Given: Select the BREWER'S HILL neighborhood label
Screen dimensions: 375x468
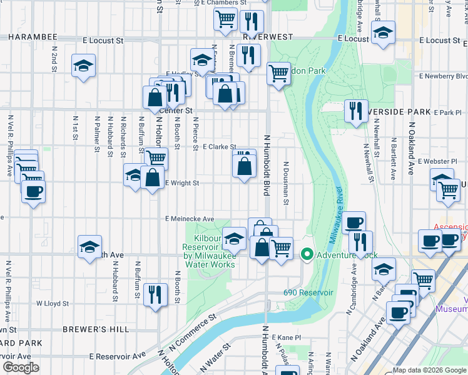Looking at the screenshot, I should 96,329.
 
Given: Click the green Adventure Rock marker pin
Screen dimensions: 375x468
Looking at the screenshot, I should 307,254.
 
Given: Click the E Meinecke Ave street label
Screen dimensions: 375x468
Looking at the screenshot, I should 190,219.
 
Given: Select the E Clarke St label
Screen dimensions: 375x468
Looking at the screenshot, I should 219,147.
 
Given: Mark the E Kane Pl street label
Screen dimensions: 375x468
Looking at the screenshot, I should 285,337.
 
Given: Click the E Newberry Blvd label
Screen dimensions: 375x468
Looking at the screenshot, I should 444,76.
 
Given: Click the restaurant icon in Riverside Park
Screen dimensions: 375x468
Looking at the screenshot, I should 355,111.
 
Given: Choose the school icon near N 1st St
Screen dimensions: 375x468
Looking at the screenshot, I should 83,66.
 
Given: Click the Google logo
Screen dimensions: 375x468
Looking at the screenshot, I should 21,367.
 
